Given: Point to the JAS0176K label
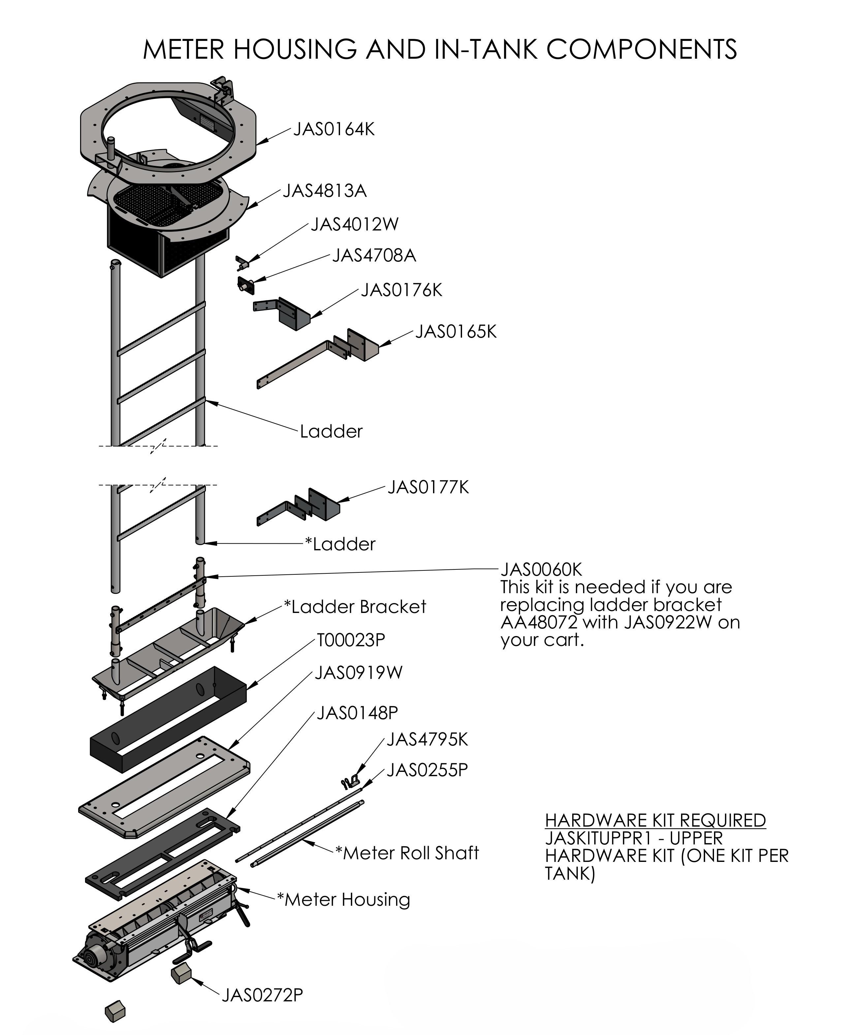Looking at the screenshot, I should (x=402, y=290).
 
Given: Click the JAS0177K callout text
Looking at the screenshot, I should (x=428, y=487).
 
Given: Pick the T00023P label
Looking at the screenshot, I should (x=351, y=640).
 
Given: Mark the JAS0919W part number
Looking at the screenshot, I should (x=358, y=673).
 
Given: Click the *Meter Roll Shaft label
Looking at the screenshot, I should (x=407, y=853).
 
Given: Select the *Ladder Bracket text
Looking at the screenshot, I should (x=355, y=607).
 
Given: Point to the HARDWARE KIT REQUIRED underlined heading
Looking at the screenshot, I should (x=655, y=820).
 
